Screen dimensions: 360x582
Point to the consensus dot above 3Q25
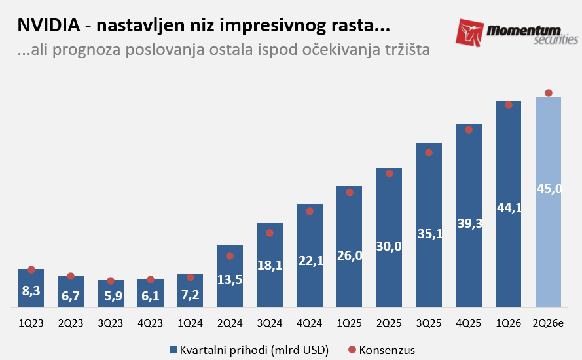429,153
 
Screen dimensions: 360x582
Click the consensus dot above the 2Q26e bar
549,93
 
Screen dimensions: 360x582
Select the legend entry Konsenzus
386,350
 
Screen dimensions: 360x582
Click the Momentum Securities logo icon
470,32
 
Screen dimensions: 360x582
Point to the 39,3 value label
469,224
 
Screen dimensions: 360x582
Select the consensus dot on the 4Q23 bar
151,279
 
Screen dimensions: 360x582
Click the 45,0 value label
549,189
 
